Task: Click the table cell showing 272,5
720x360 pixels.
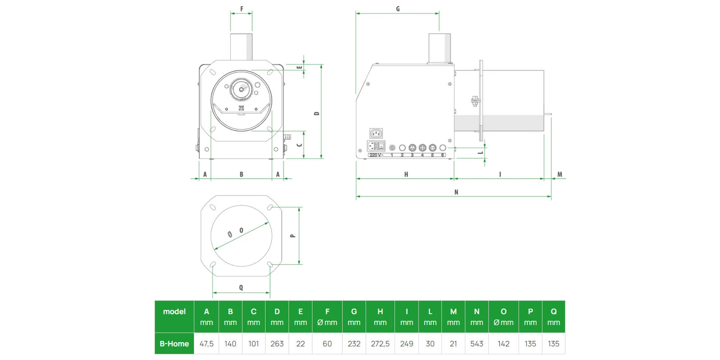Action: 380,344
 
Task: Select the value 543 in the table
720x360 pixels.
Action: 477,344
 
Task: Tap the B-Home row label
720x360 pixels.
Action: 174,344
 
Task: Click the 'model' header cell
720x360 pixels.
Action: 174,312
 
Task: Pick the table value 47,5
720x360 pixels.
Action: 206,344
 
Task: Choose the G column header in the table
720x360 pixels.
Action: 354,316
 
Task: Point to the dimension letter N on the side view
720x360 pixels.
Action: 456,192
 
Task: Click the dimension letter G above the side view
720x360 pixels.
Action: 398,9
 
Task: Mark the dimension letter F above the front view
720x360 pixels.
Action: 242,9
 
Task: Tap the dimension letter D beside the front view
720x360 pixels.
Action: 317,113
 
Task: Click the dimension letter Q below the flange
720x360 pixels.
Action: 241,288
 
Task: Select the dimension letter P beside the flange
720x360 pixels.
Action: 293,236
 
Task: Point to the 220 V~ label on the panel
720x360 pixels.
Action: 376,155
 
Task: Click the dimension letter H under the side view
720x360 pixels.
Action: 406,175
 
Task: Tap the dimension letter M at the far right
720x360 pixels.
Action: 559,175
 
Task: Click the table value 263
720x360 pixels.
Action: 277,344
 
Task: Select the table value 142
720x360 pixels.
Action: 503,344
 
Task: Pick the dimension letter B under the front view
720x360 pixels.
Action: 241,175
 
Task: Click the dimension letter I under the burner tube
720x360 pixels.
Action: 500,175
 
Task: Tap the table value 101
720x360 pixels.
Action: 253,344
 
